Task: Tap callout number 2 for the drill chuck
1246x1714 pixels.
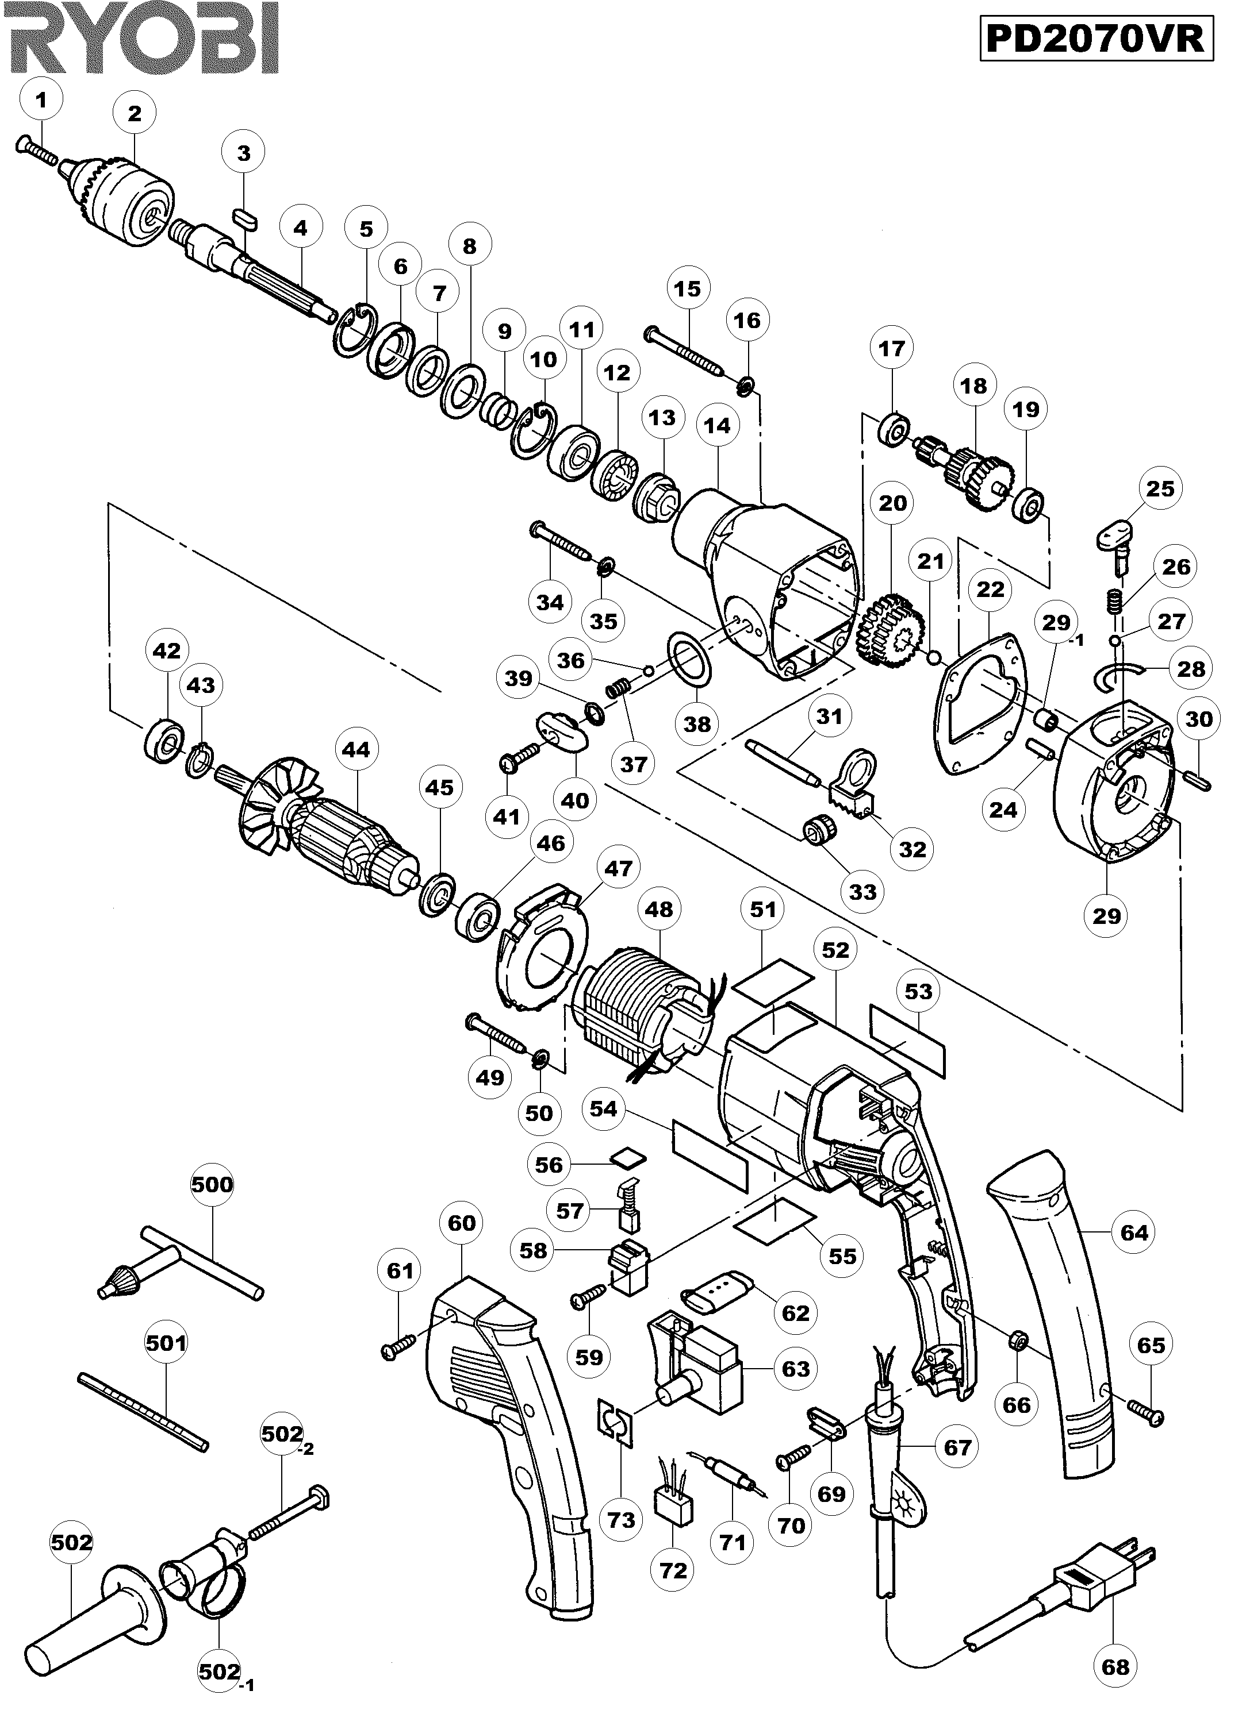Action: click(x=135, y=113)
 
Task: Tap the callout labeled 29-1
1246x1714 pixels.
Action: click(x=1057, y=623)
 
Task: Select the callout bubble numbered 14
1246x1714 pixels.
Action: click(x=717, y=425)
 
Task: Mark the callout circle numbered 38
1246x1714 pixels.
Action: click(x=697, y=723)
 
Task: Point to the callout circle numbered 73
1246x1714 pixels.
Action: click(x=622, y=1520)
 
